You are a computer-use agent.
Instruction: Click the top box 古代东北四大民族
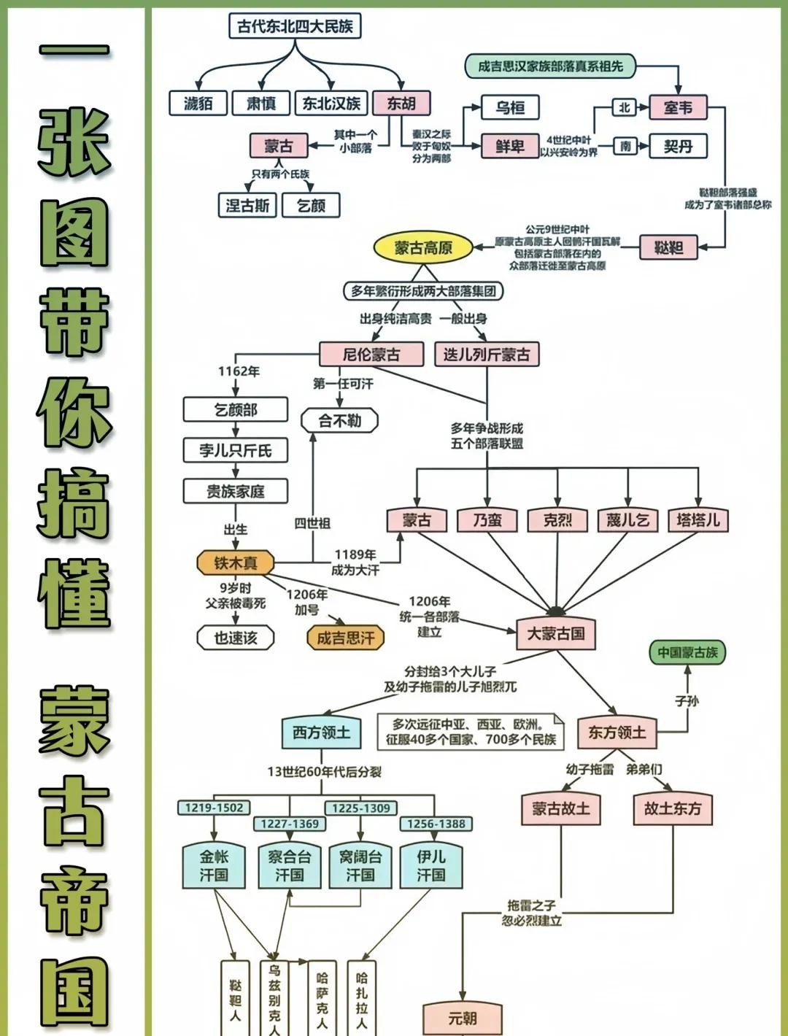pos(295,26)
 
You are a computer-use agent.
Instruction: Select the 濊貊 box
pos(198,103)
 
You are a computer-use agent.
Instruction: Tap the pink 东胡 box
pos(401,103)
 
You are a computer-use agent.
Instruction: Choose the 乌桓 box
pos(510,107)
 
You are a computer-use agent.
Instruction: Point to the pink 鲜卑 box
pos(510,146)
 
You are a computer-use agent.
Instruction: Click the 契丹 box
pos(678,146)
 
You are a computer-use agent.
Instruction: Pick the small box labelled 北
pos(624,107)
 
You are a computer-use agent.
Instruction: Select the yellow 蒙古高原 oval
pos(423,247)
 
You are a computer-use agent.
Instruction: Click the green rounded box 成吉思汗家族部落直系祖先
pos(550,66)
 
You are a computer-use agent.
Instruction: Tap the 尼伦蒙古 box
pos(371,355)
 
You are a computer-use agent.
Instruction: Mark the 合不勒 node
pos(340,420)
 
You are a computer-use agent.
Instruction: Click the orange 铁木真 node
pos(236,563)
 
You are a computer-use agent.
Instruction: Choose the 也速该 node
pos(236,637)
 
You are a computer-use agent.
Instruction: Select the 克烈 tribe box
pos(557,519)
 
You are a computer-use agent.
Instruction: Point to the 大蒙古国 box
pos(556,633)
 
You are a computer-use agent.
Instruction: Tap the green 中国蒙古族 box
pos(687,652)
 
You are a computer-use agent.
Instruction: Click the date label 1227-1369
pos(290,824)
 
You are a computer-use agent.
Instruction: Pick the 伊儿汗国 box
pos(430,865)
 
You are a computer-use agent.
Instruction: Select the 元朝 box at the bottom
pos(463,1017)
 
